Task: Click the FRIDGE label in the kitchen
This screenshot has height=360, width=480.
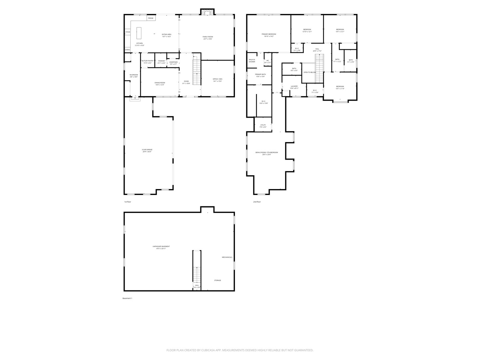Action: pos(151,18)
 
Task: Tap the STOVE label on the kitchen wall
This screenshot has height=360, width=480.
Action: pos(128,32)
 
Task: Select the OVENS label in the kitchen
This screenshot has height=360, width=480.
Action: pos(128,50)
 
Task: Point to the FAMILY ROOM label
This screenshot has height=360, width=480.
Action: pos(208,37)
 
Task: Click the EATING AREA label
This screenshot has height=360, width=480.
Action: pos(167,34)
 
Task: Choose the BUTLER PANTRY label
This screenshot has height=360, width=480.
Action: pos(147,61)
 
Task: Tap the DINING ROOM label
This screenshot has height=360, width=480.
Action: pos(160,83)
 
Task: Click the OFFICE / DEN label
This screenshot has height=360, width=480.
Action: pos(217,79)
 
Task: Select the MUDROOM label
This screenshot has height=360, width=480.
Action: pos(134,75)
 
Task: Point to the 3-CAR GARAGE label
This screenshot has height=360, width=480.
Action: pos(147,150)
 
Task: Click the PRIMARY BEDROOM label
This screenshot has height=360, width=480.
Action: pos(269,34)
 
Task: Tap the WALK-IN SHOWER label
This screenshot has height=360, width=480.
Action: pos(252,61)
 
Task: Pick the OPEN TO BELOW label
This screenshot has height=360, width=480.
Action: pos(309,72)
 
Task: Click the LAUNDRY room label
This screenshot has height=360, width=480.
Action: pos(294,86)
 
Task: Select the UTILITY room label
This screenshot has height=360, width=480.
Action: pos(263,125)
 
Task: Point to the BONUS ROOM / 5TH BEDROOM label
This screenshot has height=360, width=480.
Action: pos(267,152)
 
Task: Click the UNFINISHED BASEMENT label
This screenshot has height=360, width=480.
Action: pos(161,246)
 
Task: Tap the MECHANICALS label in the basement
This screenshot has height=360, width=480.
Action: pos(227,257)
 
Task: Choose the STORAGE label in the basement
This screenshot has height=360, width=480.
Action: pos(217,280)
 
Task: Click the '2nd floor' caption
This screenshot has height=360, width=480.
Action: pos(257,202)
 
